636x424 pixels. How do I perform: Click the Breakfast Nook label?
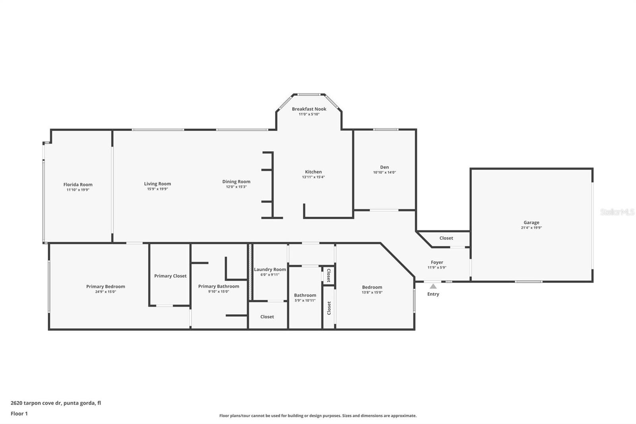click(x=309, y=109)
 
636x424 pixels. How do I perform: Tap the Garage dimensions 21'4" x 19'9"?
click(x=531, y=228)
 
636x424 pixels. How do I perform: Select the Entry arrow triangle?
click(x=433, y=286)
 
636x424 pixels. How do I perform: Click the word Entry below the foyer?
click(x=433, y=294)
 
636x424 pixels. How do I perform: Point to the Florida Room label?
click(x=78, y=185)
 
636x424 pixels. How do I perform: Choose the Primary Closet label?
click(x=170, y=276)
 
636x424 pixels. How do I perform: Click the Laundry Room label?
click(x=270, y=269)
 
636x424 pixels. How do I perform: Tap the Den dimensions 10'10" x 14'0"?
click(x=384, y=173)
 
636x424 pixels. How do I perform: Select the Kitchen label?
click(x=313, y=172)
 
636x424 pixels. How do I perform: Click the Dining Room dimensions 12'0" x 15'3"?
click(x=236, y=187)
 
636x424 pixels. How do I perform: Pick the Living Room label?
click(x=157, y=184)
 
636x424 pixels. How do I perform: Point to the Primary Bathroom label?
click(x=219, y=286)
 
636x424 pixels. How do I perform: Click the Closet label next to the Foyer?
click(x=446, y=238)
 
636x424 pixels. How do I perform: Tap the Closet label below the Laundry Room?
click(x=267, y=317)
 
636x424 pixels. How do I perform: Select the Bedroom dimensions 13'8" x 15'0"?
click(x=372, y=292)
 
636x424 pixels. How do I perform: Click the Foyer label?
click(x=437, y=263)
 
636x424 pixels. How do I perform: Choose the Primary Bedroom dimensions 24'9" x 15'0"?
click(x=105, y=292)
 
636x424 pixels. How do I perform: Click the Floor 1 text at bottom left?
click(x=19, y=414)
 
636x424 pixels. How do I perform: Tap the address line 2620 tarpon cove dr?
click(x=56, y=403)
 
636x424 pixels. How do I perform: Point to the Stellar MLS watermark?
click(x=617, y=212)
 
